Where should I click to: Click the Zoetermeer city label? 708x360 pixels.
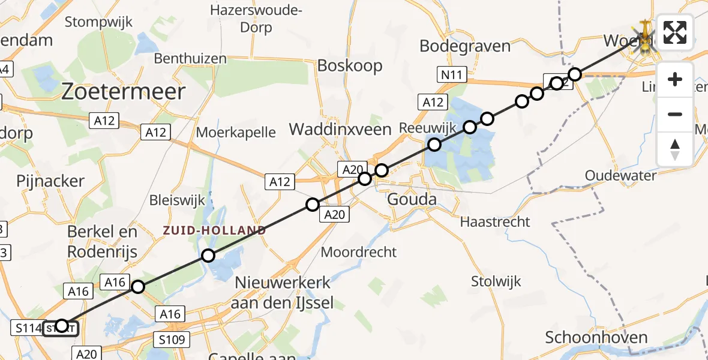pos(124,92)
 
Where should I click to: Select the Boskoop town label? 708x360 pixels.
pos(350,65)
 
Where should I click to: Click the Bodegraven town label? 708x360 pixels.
pos(465,46)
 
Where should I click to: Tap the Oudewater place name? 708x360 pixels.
pos(620,175)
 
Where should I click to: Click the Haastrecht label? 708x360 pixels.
pos(495,221)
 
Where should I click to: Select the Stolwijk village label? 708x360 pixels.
pos(496,281)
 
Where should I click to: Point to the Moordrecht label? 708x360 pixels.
pos(359,251)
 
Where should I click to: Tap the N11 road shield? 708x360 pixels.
pos(451,74)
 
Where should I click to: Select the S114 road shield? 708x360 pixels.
pos(28,328)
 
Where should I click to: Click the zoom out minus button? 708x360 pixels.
pos(675,114)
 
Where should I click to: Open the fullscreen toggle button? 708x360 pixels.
pos(675,32)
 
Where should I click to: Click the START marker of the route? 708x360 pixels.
pos(61,327)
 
